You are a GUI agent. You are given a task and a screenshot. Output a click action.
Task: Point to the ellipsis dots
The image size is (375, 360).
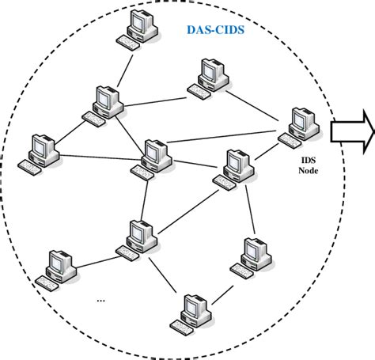(x=100, y=301)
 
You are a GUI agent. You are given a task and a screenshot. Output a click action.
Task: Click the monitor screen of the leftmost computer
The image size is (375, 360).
(x=39, y=146)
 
